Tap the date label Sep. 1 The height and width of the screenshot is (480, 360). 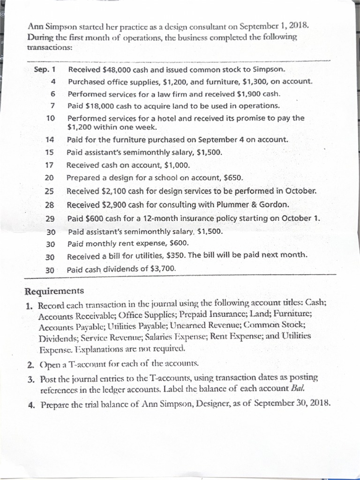(x=45, y=70)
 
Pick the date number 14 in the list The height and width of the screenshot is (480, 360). (x=50, y=140)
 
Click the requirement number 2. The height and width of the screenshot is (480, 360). (x=30, y=363)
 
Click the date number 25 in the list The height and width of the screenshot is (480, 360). (x=50, y=191)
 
